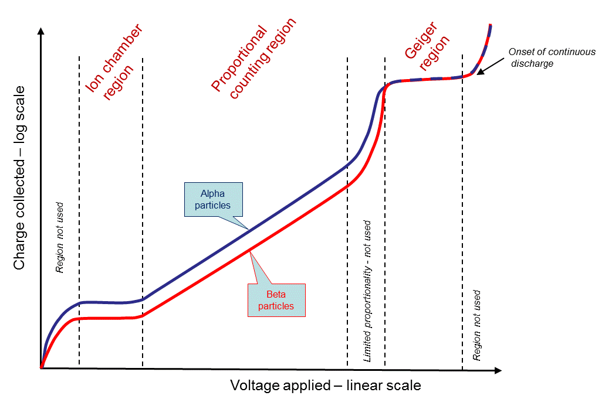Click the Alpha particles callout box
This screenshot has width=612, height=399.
pos(212,199)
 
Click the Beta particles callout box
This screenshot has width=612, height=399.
pos(276,299)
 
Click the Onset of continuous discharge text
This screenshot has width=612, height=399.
pos(552,57)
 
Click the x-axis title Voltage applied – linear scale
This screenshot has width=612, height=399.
pos(325,386)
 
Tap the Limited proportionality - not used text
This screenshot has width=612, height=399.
pos(367,291)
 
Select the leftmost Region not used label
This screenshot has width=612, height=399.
pos(59,238)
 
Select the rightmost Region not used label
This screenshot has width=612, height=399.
pos(476,325)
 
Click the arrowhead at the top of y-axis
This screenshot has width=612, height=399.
pos(40,31)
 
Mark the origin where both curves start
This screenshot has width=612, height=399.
pos(41,368)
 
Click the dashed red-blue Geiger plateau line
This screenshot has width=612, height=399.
pos(422,79)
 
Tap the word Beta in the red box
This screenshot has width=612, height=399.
pos(276,294)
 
